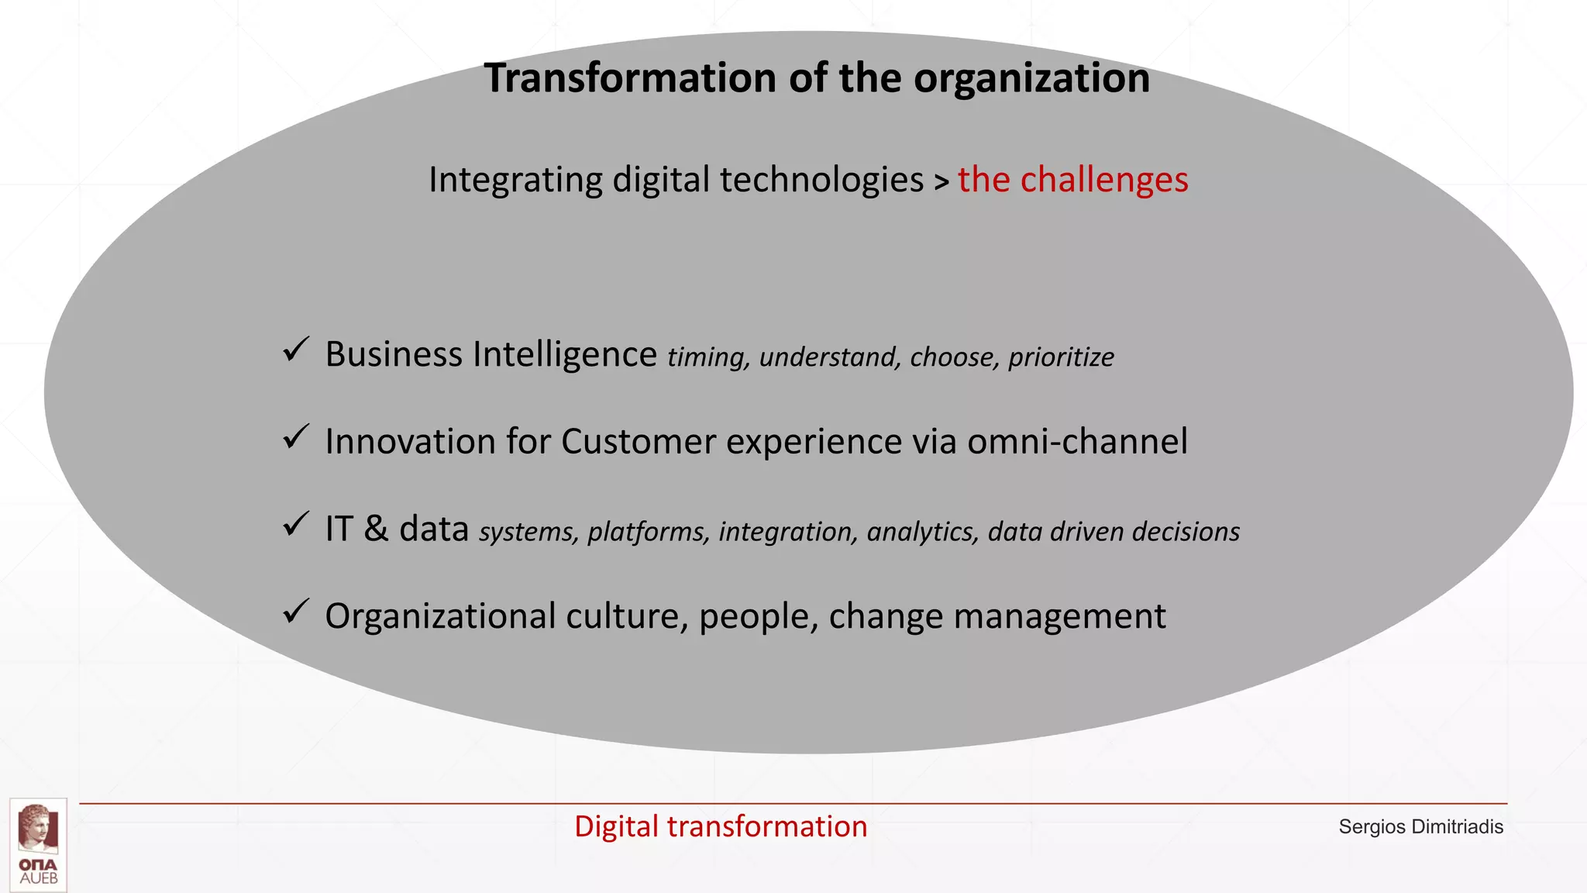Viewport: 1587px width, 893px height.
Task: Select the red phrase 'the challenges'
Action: tap(1072, 180)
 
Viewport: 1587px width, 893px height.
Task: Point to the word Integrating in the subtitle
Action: tap(515, 180)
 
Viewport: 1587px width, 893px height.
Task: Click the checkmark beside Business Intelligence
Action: tap(296, 350)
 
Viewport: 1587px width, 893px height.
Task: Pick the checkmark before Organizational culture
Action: tap(296, 612)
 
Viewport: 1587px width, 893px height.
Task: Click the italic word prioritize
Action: tap(1061, 357)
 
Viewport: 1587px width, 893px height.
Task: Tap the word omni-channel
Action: tap(1077, 441)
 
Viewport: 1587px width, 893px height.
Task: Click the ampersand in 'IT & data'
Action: tap(376, 529)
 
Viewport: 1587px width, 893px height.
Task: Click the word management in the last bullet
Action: tap(1059, 617)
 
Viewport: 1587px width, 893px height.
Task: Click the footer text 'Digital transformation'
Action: tap(721, 826)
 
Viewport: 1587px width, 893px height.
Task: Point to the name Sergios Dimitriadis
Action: tap(1420, 827)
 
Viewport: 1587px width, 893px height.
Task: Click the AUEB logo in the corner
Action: tap(39, 844)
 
